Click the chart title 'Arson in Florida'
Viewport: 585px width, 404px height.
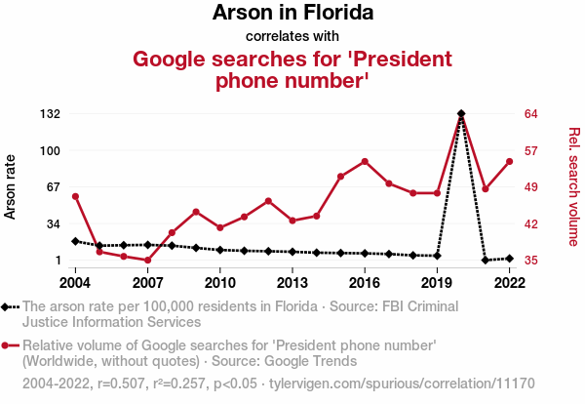coord(292,14)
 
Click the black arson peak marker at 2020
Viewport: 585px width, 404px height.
coord(460,114)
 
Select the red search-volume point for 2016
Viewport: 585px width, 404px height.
coord(365,161)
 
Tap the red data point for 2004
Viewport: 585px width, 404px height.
coord(76,196)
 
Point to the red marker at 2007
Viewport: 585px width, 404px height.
coord(148,261)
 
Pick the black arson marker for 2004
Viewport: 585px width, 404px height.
coord(76,241)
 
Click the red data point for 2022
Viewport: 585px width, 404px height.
coord(509,161)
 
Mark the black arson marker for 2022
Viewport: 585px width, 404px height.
coord(509,258)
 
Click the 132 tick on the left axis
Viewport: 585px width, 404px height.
coord(50,114)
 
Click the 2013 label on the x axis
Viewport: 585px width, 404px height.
coord(292,282)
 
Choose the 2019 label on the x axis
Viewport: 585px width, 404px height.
coord(437,282)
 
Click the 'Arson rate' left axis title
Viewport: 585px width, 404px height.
coord(13,186)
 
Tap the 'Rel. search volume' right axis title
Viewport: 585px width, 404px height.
coord(573,186)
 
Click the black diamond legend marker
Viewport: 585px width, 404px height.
coord(8,306)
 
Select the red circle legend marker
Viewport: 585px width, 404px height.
coord(8,345)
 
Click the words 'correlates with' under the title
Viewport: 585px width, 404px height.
coord(292,36)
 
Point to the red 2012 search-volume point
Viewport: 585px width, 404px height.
coord(268,201)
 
